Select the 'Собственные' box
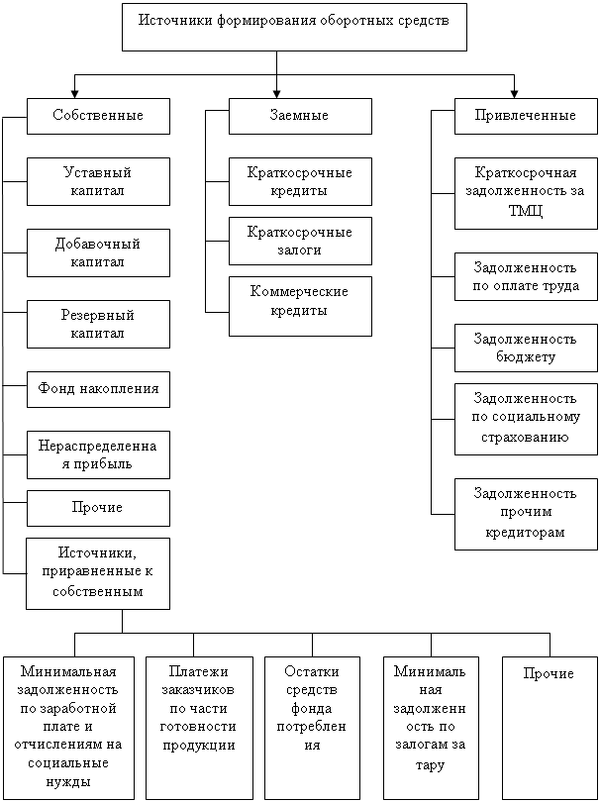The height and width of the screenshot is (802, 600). [x=98, y=116]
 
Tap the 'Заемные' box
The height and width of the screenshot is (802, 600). [x=300, y=116]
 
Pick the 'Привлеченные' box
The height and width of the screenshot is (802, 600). [x=526, y=116]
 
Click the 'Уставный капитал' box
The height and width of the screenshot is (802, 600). [x=98, y=181]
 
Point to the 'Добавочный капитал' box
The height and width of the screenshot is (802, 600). [x=98, y=252]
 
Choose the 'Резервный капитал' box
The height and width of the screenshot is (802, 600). [x=98, y=324]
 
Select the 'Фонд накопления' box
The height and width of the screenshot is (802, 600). [x=98, y=389]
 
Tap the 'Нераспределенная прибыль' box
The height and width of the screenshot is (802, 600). [x=98, y=454]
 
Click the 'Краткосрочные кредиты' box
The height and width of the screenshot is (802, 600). [x=300, y=181]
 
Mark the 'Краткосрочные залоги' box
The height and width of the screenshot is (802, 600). [x=300, y=241]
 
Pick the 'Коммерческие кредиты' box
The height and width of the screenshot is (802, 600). [x=300, y=305]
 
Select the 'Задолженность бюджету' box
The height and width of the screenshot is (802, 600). [x=526, y=348]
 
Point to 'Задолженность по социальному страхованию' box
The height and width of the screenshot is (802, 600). [x=526, y=419]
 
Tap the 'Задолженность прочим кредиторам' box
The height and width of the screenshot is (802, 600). [x=526, y=513]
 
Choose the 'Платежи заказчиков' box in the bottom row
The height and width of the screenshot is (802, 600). [x=193, y=727]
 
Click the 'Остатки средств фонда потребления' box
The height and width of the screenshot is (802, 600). [x=312, y=727]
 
